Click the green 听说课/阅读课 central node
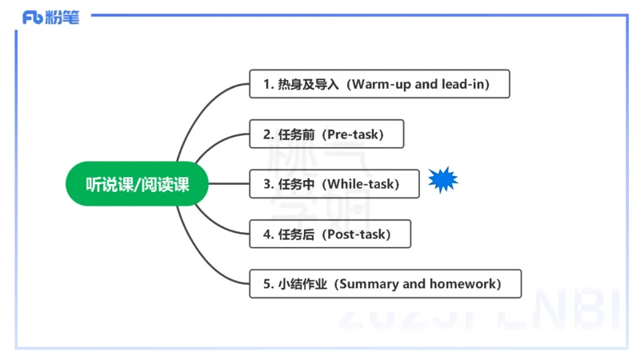[x=138, y=185]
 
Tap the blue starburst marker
[x=442, y=182]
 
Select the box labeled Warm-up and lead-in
[x=379, y=84]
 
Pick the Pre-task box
[x=326, y=134]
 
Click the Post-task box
[x=330, y=234]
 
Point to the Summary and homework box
[x=385, y=284]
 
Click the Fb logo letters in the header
[x=33, y=18]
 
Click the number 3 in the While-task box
[x=267, y=184]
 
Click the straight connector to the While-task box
[x=230, y=184]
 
